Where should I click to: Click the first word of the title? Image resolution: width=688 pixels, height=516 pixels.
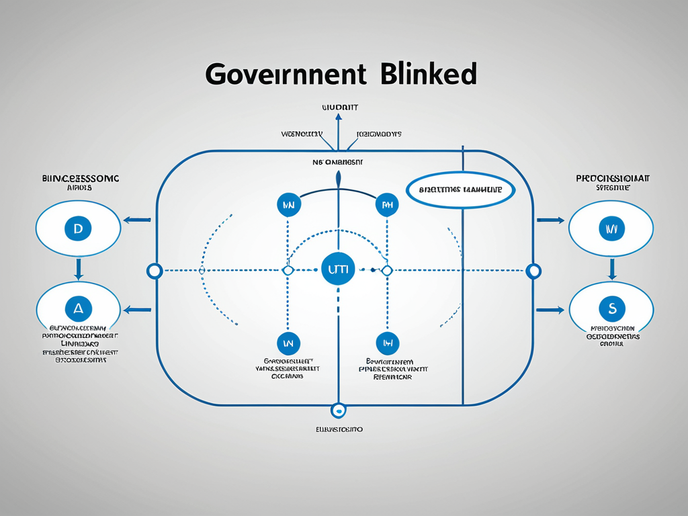pyautogui.click(x=286, y=73)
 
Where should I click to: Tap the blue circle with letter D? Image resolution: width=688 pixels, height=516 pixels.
pyautogui.click(x=78, y=229)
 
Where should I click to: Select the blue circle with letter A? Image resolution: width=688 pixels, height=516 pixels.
pyautogui.click(x=78, y=309)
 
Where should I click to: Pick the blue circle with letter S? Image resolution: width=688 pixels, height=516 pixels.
pyautogui.click(x=611, y=309)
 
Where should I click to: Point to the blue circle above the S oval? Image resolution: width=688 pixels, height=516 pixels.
pyautogui.click(x=611, y=229)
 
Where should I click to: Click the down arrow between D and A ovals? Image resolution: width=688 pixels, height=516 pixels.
pyautogui.click(x=78, y=269)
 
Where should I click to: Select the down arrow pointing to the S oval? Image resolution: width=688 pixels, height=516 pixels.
pyautogui.click(x=611, y=269)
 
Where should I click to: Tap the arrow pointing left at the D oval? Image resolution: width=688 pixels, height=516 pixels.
pyautogui.click(x=136, y=219)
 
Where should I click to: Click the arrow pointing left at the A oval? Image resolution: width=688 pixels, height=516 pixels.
pyautogui.click(x=136, y=310)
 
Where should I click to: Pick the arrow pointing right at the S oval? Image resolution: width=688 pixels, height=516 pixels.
pyautogui.click(x=550, y=310)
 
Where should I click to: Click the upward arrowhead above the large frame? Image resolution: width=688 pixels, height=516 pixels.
pyautogui.click(x=338, y=118)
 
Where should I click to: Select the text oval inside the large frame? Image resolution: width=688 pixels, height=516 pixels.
pyautogui.click(x=460, y=190)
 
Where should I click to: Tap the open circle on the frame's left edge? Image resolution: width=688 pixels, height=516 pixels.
pyautogui.click(x=155, y=271)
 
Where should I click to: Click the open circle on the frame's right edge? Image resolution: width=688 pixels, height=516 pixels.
pyautogui.click(x=533, y=271)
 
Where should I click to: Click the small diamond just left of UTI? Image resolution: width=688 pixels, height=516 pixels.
pyautogui.click(x=288, y=270)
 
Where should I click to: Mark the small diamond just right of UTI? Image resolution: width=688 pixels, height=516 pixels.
pyautogui.click(x=386, y=270)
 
